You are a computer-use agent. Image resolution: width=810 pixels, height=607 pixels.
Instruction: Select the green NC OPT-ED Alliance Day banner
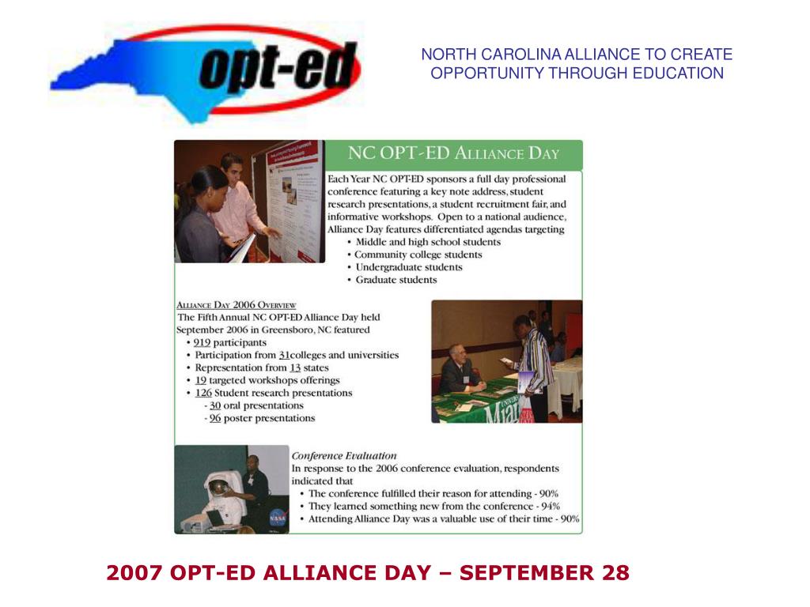[454, 154]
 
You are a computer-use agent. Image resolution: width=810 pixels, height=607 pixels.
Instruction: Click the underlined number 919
[202, 343]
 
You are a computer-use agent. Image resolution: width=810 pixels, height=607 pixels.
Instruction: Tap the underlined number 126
[203, 393]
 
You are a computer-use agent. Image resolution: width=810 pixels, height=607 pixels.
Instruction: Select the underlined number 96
[215, 418]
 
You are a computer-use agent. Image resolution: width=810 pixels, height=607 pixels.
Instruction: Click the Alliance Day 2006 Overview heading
[236, 305]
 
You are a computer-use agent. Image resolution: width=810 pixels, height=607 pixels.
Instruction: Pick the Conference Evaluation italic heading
[343, 456]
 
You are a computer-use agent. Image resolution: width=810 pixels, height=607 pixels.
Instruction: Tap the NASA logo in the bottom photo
[278, 518]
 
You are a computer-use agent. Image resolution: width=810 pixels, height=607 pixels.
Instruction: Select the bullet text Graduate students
[396, 280]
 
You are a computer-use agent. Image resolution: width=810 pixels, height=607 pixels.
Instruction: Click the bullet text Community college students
[418, 254]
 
